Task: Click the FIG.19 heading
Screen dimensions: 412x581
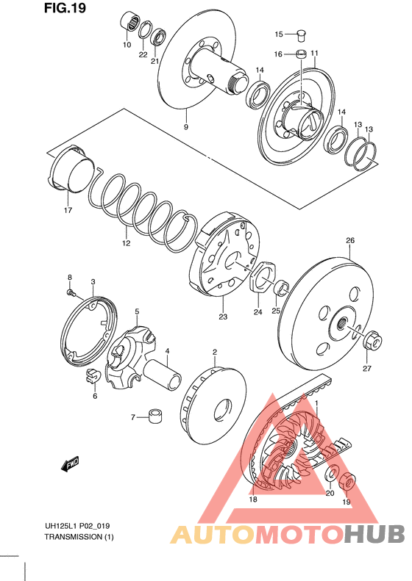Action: pos(65,7)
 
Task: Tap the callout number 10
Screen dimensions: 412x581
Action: pos(127,45)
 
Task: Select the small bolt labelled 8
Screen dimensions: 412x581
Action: pos(71,294)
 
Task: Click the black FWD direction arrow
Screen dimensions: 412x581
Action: pos(70,464)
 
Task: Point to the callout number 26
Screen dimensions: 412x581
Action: pos(350,240)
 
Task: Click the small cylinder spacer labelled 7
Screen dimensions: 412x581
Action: pos(156,416)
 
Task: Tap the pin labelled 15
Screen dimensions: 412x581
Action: pos(302,35)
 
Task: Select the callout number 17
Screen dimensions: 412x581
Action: pos(68,211)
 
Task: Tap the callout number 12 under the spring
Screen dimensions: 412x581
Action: pos(127,243)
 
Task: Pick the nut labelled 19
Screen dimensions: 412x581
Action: pos(347,481)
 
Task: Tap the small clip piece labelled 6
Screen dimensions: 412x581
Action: pos(93,376)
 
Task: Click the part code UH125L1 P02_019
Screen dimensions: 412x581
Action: pos(77,526)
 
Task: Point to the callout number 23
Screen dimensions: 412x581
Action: pos(223,317)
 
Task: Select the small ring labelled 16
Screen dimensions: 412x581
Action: pos(302,54)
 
